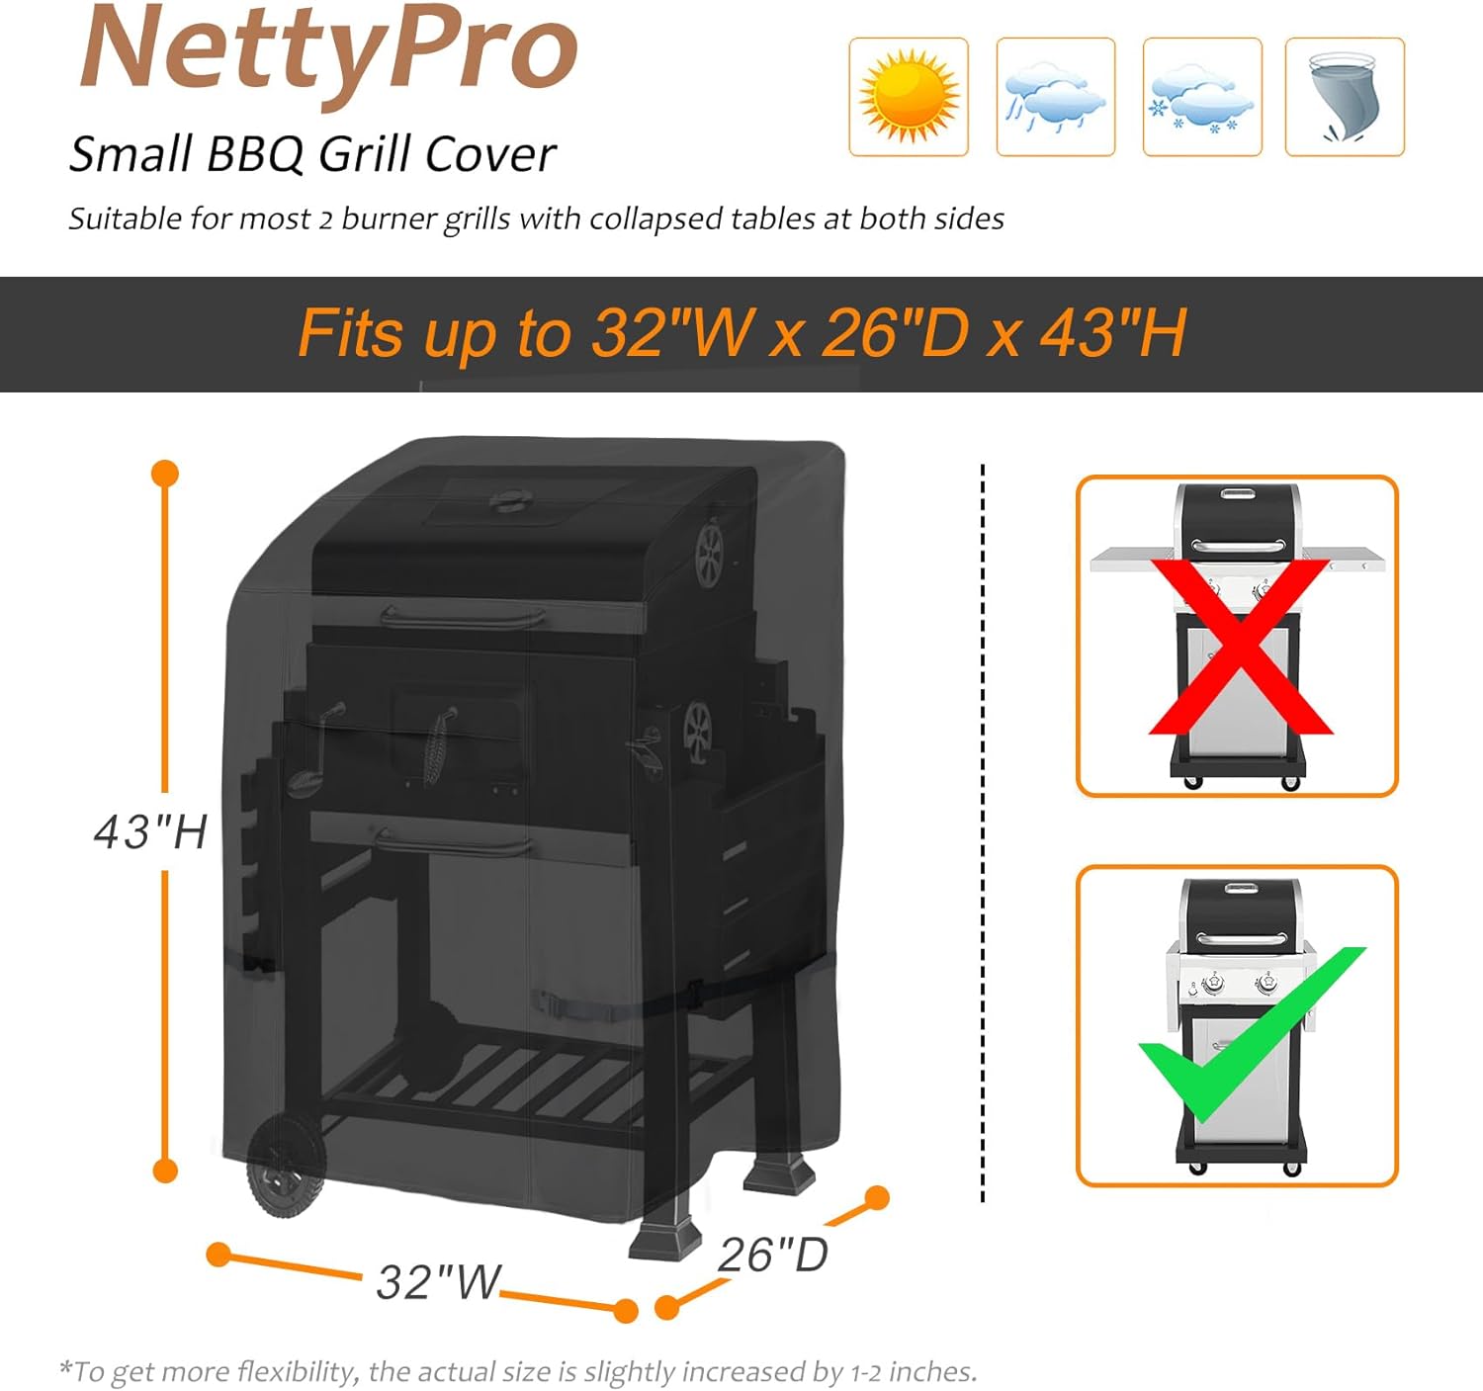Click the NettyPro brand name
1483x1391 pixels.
click(x=329, y=49)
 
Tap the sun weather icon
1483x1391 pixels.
click(x=908, y=97)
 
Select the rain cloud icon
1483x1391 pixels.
click(x=1055, y=97)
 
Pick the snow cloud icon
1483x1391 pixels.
click(x=1201, y=97)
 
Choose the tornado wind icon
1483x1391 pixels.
click(x=1344, y=97)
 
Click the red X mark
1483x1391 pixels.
click(x=1240, y=648)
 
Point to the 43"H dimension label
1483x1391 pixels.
click(x=150, y=831)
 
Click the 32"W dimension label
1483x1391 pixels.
click(x=439, y=1281)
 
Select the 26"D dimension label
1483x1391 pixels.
click(x=772, y=1255)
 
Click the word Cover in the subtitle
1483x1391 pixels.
click(x=490, y=154)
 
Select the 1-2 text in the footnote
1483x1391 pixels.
click(x=867, y=1372)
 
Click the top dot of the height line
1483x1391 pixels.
click(x=165, y=474)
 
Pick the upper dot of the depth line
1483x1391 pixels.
click(x=876, y=1198)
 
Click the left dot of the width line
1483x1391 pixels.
click(x=218, y=1255)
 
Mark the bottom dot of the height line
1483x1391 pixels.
click(x=165, y=1171)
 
